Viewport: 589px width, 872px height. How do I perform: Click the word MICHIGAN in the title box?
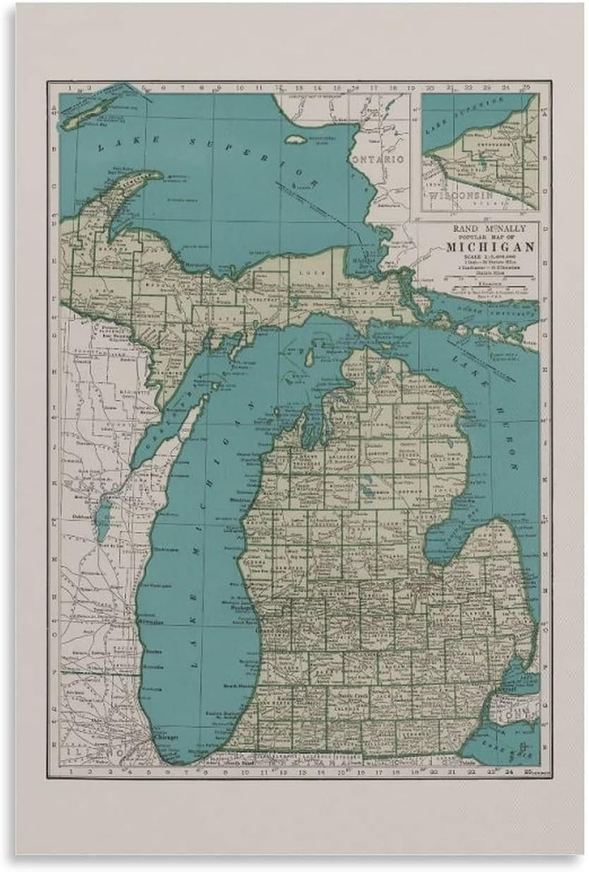click(x=490, y=246)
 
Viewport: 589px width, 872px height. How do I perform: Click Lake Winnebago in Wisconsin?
click(x=103, y=519)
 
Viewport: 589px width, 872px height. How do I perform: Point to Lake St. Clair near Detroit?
click(x=526, y=671)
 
